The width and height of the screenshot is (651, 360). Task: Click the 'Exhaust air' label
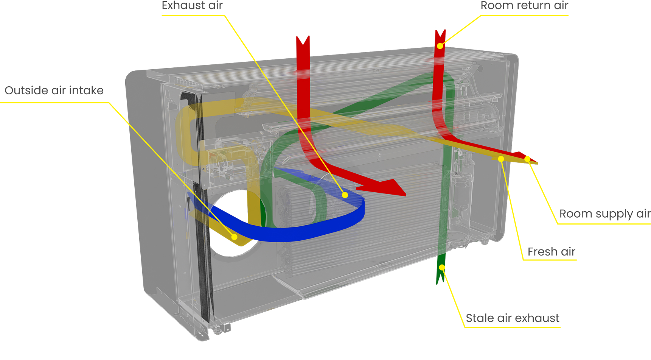click(x=192, y=5)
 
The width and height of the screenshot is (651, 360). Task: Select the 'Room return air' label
click(x=524, y=5)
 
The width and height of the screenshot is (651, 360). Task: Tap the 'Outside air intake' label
click(x=54, y=90)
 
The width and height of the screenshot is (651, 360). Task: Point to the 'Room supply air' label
click(x=605, y=214)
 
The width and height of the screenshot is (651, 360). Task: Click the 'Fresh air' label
click(x=552, y=252)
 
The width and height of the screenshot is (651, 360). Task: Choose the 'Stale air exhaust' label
click(x=513, y=318)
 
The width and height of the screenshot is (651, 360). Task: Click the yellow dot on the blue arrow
click(x=345, y=195)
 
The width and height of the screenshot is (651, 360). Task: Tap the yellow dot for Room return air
click(x=440, y=46)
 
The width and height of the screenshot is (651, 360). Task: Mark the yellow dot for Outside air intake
click(x=235, y=237)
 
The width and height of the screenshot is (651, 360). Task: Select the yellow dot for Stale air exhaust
click(x=442, y=268)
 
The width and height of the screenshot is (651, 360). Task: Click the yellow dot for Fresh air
click(x=501, y=159)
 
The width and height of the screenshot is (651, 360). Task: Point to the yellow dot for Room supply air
click(x=527, y=159)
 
